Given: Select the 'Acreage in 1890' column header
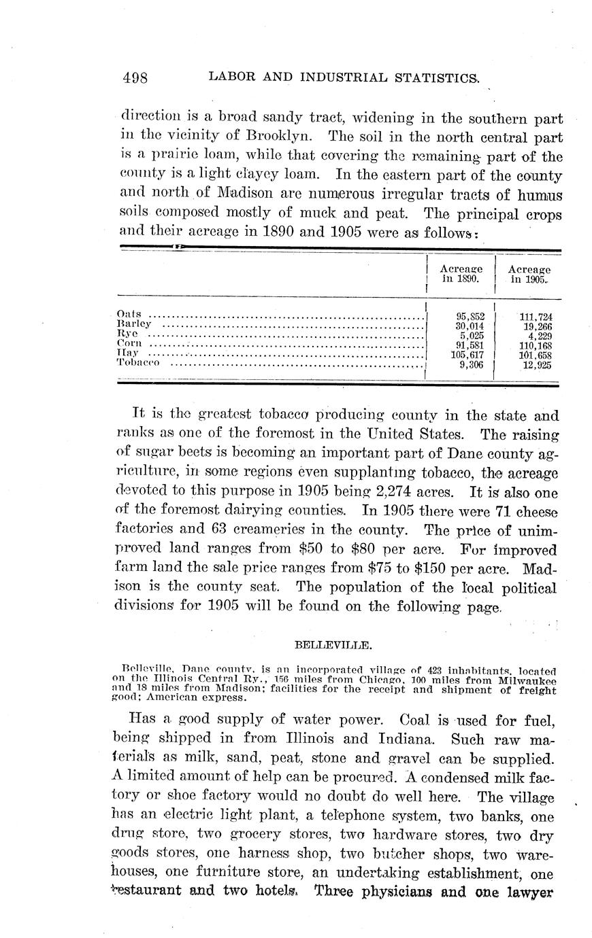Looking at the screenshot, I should [x=461, y=274].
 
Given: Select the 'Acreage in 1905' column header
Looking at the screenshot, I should [x=529, y=274].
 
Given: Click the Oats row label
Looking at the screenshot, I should [x=129, y=314].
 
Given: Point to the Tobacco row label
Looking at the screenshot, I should [x=138, y=363].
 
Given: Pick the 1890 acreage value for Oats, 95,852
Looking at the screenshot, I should [x=470, y=316].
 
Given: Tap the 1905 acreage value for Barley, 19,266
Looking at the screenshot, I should [x=536, y=326].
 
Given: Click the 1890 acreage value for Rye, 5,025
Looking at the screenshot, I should [x=472, y=335].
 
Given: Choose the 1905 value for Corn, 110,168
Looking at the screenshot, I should [x=536, y=345].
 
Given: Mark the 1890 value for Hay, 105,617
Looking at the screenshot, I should [x=467, y=354].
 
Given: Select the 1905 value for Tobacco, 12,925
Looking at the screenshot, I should [x=536, y=364].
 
